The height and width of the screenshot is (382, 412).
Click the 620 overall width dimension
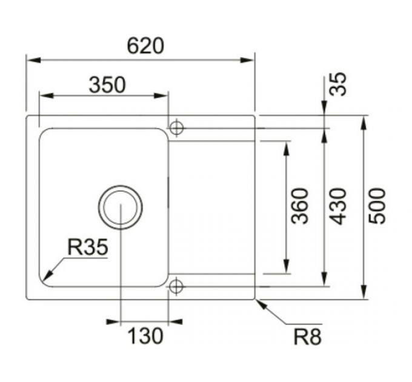(x=145, y=45)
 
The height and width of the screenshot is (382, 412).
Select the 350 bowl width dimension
(x=107, y=85)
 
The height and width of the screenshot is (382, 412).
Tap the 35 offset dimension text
(x=339, y=84)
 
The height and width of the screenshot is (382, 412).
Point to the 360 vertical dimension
(x=300, y=206)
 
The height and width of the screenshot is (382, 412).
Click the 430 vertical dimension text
(x=339, y=206)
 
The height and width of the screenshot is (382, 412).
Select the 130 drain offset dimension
(x=145, y=335)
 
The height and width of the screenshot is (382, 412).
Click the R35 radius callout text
(x=87, y=247)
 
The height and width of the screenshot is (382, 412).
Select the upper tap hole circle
(x=176, y=128)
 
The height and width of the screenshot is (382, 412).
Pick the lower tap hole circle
(x=176, y=285)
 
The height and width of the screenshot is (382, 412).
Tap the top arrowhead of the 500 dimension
(x=364, y=120)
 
